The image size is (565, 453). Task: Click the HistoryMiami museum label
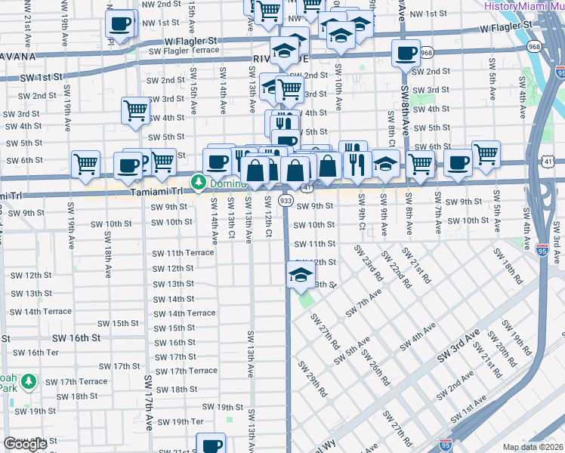click(520, 5)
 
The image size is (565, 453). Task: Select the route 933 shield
click(286, 201)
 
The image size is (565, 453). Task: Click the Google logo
click(25, 444)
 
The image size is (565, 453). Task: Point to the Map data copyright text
click(533, 447)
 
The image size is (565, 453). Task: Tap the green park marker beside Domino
click(199, 182)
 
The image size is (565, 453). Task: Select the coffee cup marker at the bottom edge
click(211, 443)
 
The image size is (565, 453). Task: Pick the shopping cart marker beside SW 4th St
click(135, 110)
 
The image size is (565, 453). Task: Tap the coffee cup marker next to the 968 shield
click(406, 54)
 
